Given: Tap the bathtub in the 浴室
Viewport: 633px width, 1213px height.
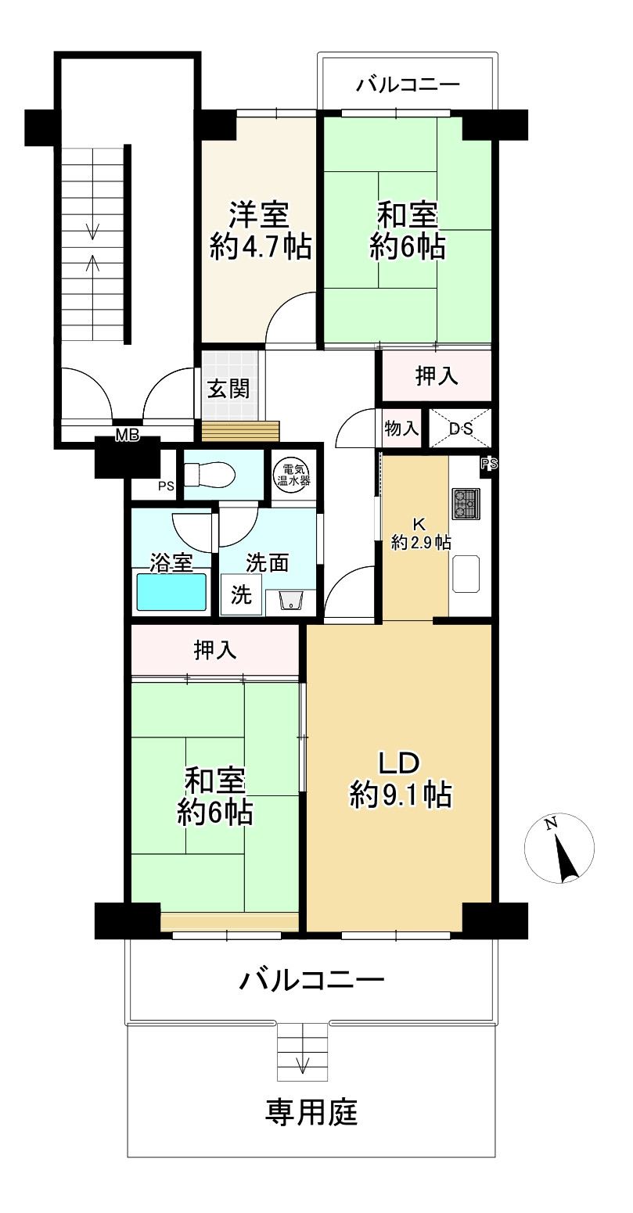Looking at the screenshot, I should [x=171, y=592].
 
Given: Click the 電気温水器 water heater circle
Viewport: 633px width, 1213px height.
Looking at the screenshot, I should [x=294, y=476].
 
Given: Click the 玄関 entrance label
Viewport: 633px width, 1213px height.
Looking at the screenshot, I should [x=228, y=389].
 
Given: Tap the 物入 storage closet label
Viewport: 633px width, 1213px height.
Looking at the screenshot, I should [x=401, y=429].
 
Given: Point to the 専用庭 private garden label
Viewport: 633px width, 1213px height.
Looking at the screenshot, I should [x=311, y=1111].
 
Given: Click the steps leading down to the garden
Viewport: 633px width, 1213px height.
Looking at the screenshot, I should [x=302, y=1050].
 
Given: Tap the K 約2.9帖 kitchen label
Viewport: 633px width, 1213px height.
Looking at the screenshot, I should [x=420, y=532].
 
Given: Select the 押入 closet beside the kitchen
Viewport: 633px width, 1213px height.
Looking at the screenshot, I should [x=436, y=376].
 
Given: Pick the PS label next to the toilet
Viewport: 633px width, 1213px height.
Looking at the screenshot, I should [x=165, y=486].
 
